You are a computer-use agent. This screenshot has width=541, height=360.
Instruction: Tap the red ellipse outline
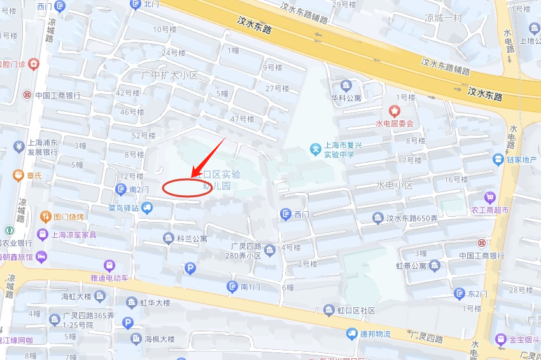tap(182, 188)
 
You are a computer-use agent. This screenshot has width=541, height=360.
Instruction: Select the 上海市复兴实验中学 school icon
tap(315, 149)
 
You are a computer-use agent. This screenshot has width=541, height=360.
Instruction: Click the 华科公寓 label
tap(346, 99)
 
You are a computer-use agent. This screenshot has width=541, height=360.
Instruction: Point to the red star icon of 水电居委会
tap(395, 111)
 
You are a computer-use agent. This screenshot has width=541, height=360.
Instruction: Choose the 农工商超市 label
tap(489, 210)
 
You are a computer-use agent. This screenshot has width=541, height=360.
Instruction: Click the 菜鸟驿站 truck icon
tap(147, 207)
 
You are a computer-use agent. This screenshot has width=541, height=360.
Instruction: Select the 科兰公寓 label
tap(192, 239)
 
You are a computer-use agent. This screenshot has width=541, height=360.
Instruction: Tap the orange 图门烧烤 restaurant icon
tap(45, 217)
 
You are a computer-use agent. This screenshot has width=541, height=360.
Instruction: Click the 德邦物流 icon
tap(352, 334)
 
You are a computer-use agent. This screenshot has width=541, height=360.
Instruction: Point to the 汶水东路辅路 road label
tap(445, 66)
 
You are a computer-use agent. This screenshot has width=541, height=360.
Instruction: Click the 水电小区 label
tap(394, 186)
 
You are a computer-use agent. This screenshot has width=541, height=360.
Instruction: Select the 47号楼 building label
tap(242, 119)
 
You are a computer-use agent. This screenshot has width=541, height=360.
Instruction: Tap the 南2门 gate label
tap(139, 190)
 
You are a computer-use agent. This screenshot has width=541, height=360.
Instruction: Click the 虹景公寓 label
tap(411, 266)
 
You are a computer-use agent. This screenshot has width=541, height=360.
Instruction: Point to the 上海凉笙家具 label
tap(74, 235)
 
